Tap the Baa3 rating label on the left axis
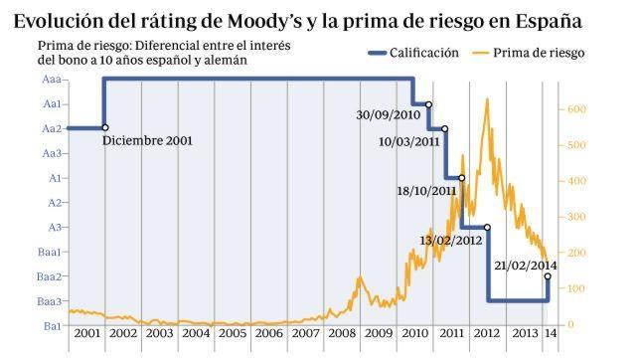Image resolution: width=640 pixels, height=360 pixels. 53,301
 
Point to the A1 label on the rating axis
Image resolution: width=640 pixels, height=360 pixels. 57,178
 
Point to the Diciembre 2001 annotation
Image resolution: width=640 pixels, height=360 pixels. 146,140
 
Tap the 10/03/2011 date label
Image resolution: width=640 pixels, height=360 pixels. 409,141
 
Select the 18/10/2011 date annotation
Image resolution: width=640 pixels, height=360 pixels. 426,191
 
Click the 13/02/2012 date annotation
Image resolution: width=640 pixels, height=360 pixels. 451,241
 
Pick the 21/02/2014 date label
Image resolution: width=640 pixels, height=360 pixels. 526,265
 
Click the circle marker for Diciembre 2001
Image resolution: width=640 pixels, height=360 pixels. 104,127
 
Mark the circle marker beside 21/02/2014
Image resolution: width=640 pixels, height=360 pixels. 548,276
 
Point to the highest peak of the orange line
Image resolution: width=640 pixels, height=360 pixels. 486,98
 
